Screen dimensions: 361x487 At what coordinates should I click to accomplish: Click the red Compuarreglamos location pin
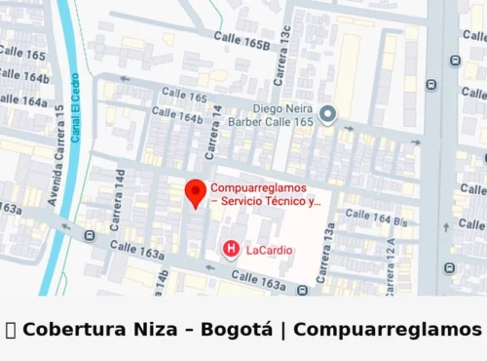pos(195,191)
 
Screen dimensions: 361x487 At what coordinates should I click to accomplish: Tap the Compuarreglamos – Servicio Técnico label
pos(265,194)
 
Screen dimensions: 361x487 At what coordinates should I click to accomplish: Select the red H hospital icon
pos(231,249)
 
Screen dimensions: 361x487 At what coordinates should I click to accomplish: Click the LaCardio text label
pos(270,250)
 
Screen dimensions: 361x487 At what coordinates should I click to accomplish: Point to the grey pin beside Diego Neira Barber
pos(328,115)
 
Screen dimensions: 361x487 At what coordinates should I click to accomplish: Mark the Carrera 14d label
pos(119,200)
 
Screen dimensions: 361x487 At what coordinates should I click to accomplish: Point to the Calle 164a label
pos(21,100)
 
